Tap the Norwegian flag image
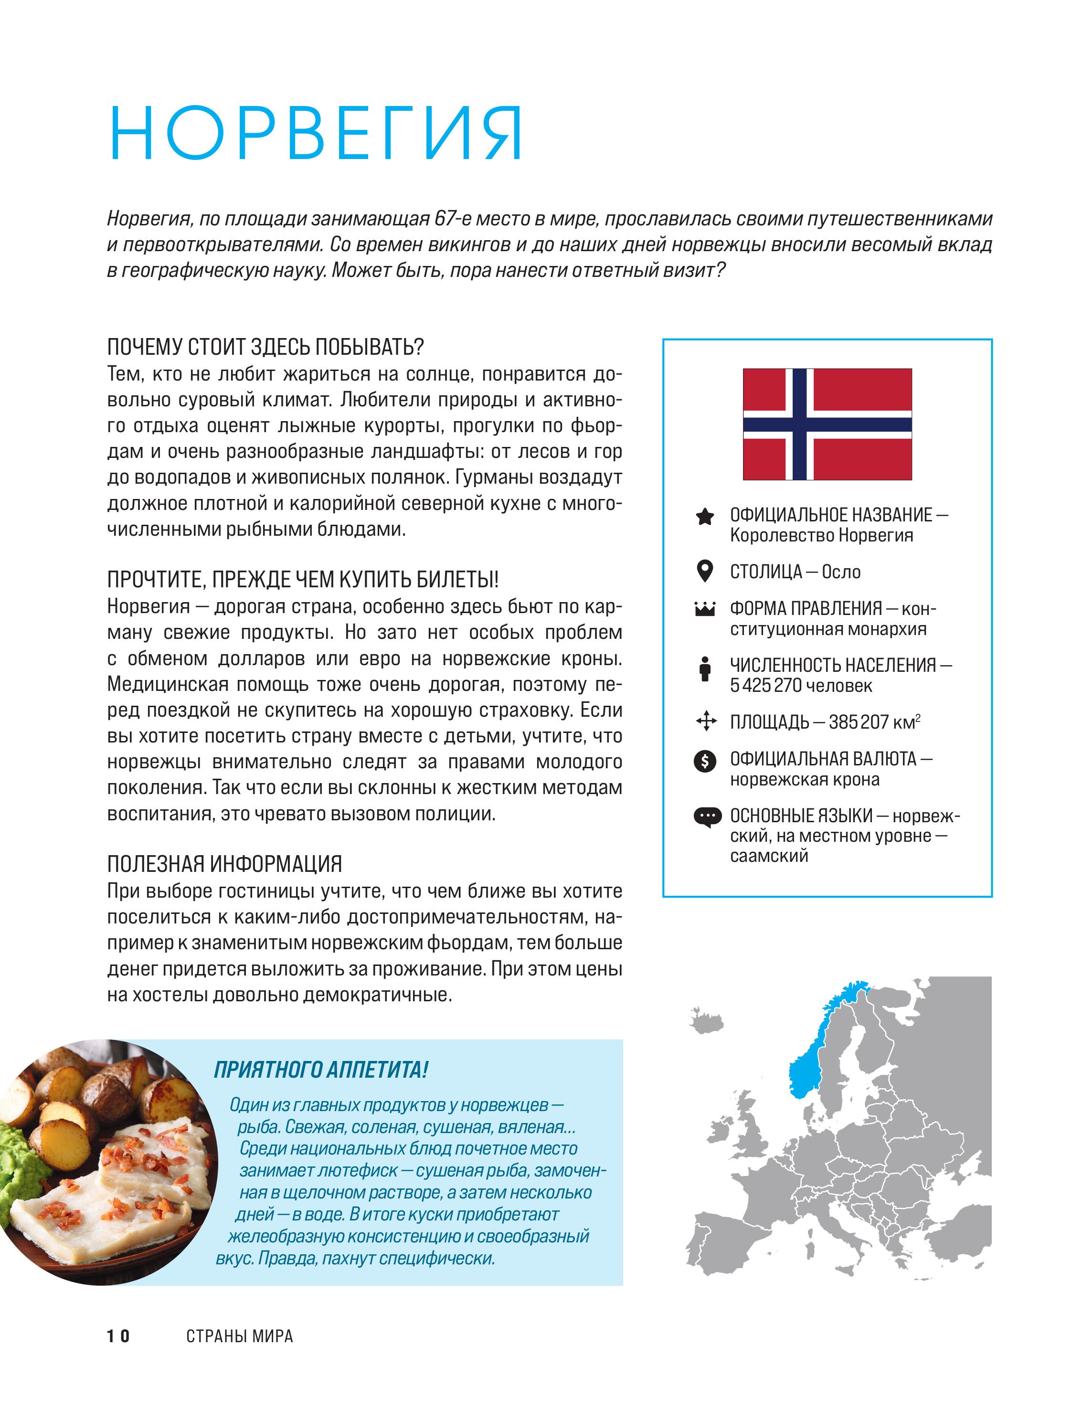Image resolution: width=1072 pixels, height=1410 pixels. coord(827,424)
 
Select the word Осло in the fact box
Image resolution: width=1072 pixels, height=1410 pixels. coord(841,572)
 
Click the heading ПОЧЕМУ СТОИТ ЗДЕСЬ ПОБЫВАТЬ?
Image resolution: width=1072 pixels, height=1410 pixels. coord(265,347)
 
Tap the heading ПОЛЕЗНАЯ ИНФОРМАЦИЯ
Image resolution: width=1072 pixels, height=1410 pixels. coord(224,864)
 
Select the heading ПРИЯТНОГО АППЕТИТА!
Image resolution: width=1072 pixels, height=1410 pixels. coord(320,1070)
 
